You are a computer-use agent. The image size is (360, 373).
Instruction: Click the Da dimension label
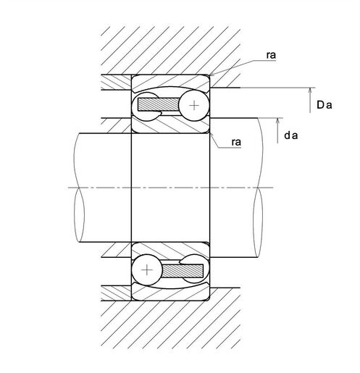pos(324,105)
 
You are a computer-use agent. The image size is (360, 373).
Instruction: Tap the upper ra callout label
pos(271,55)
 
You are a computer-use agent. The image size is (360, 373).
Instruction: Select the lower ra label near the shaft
pos(236,142)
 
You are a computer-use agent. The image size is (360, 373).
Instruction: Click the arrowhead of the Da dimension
pos(310,91)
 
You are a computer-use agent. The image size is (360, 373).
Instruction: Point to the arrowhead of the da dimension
pos(277,121)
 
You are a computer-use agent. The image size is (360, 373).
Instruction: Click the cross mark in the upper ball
pos(194,106)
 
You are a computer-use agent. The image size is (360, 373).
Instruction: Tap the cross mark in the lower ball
pos(147,269)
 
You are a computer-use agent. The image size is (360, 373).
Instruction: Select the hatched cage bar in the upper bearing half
pos(159,104)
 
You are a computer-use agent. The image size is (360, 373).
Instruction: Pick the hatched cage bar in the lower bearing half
pos(183,271)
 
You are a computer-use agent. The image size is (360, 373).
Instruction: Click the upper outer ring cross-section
pos(170,82)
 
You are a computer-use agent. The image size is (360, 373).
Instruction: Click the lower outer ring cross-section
pos(170,293)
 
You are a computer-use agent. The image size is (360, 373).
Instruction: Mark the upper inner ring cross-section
pos(170,125)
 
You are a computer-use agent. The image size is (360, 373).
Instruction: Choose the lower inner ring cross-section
pos(170,250)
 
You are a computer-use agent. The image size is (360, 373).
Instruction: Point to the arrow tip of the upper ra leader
pos(210,75)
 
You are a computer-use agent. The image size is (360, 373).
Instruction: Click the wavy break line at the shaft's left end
pos(79,188)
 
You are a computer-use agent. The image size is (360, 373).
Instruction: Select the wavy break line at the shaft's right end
pos(258,188)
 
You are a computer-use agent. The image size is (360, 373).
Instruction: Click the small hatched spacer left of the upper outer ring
pos(116,83)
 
